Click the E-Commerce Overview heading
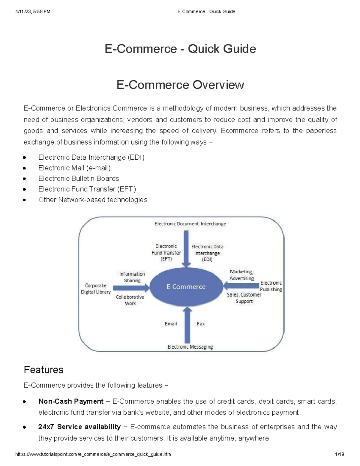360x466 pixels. point(180,85)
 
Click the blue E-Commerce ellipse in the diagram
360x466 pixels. point(186,287)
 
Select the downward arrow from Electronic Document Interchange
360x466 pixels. point(186,248)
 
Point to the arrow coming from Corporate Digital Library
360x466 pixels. point(131,288)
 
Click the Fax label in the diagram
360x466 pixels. point(201,324)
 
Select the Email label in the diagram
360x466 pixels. point(171,324)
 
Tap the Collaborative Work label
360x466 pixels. point(130,300)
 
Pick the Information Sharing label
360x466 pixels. point(132,277)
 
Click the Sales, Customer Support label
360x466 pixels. point(244,298)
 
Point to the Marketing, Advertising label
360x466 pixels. point(241,275)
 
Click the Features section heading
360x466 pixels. point(43,370)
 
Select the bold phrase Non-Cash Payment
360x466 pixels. point(71,401)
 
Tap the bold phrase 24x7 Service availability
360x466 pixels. point(79,427)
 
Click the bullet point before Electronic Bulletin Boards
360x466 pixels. point(25,179)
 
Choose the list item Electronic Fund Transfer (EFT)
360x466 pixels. point(87,189)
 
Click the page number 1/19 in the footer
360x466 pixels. point(340,454)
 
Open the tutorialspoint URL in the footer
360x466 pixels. point(93,454)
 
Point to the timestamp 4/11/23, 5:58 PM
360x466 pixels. point(33,12)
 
